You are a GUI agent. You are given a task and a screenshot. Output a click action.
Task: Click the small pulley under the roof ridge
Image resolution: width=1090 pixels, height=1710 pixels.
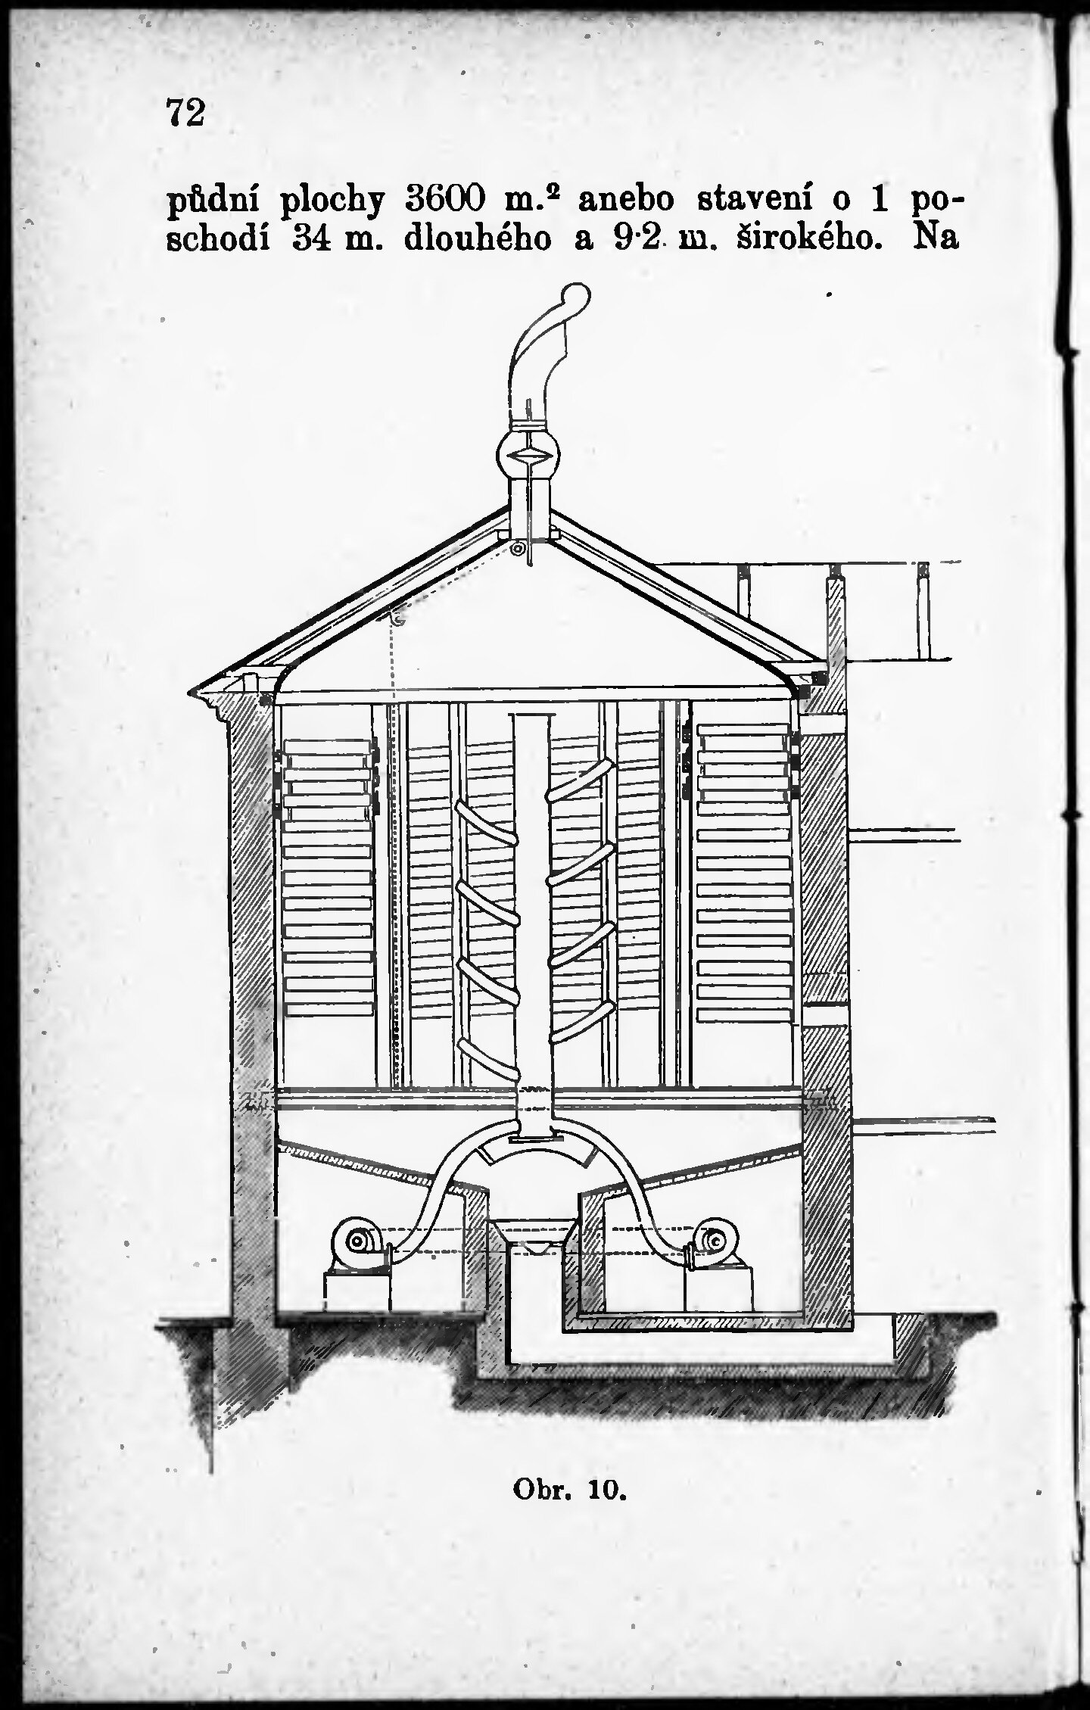(x=518, y=549)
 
